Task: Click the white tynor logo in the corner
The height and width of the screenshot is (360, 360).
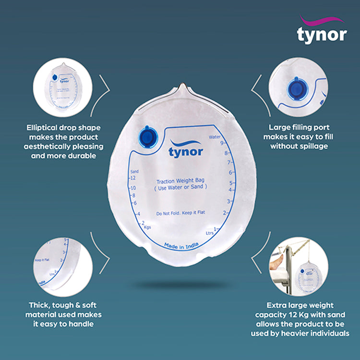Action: pyautogui.click(x=321, y=32)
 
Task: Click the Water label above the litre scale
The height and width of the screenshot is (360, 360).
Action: pyautogui.click(x=215, y=137)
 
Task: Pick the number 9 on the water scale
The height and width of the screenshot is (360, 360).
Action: pyautogui.click(x=222, y=143)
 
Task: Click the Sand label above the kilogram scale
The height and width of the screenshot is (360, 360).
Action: pyautogui.click(x=135, y=171)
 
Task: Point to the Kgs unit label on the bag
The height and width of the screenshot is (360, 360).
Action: pyautogui.click(x=147, y=226)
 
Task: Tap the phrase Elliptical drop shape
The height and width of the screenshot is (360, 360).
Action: pyautogui.click(x=64, y=128)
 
